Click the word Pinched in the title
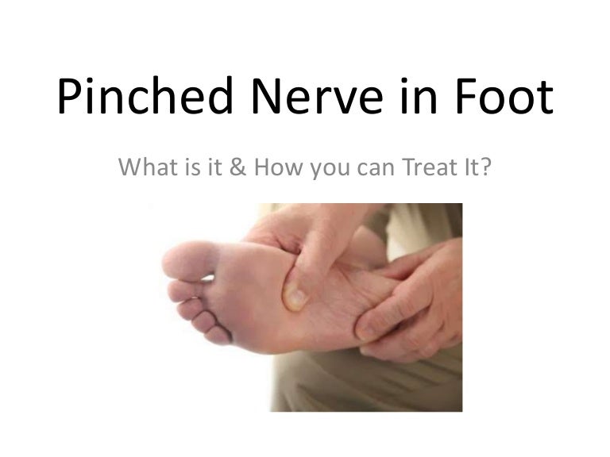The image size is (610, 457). point(145,95)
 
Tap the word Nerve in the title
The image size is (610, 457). point(317,95)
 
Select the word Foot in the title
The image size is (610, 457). point(504,95)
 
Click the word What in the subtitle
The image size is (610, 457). point(148,167)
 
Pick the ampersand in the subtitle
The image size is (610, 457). point(237,167)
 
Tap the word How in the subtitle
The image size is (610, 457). point(278,167)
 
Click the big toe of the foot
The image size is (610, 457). point(190,261)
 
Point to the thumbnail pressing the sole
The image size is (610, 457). point(296,298)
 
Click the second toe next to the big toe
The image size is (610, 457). point(185,290)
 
